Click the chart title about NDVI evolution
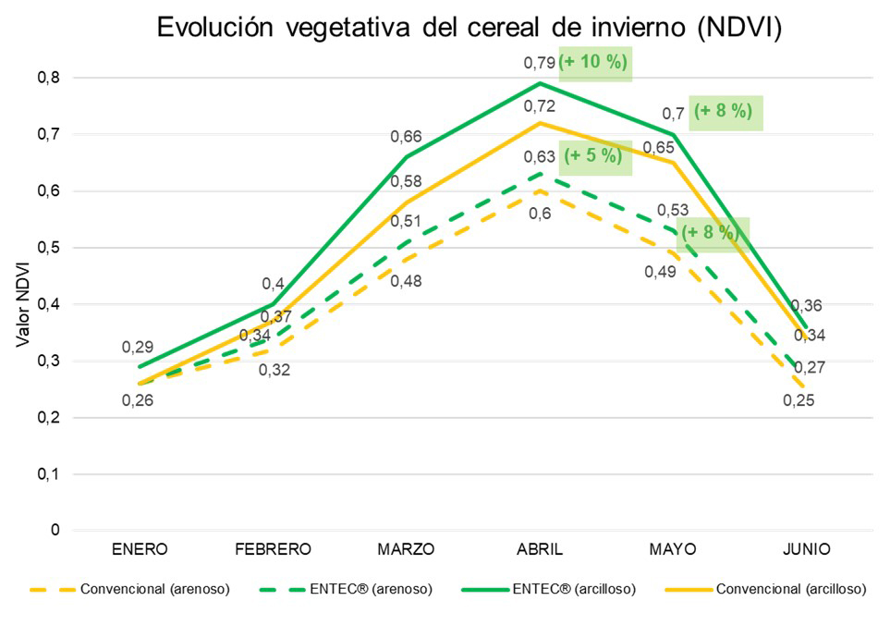[469, 27]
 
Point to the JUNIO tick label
[805, 549]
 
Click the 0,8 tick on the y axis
[48, 78]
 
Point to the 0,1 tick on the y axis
[48, 474]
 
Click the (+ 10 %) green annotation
[594, 64]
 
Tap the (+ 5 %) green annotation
[593, 156]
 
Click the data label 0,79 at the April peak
[540, 63]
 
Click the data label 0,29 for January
[138, 348]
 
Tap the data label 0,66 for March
[407, 137]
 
